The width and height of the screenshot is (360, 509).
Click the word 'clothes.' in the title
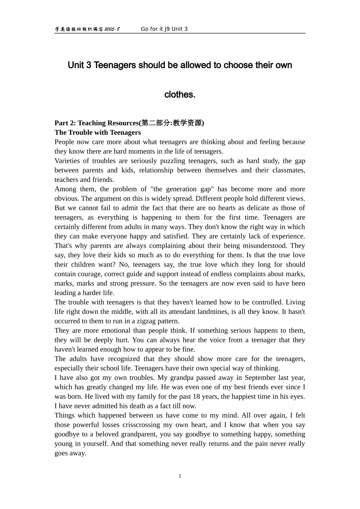coord(180,95)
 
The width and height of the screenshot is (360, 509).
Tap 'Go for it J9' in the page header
coord(155,29)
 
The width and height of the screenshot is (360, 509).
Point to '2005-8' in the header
coord(112,29)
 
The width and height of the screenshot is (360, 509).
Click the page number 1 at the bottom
coord(180,476)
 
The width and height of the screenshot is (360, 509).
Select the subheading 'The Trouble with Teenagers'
coord(97,133)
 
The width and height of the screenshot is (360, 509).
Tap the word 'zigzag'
coord(144,321)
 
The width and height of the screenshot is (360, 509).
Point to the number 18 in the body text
coord(199,397)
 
